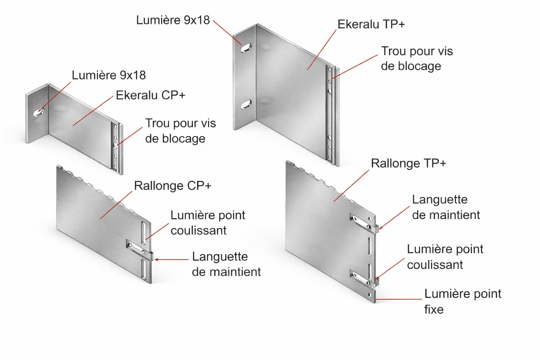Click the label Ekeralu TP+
point(371,24)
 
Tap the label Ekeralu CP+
point(150,95)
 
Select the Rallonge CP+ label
point(173,186)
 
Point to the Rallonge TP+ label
point(409,163)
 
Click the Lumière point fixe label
point(462,301)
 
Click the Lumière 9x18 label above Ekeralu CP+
point(109,75)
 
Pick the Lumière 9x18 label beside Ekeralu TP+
point(173,20)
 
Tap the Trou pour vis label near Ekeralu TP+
point(417,58)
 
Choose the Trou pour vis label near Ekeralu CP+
point(180,131)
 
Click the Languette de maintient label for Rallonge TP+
point(446,207)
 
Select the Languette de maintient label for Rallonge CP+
point(226,264)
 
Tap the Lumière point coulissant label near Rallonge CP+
point(207,223)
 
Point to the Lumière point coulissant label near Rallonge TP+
point(445,257)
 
